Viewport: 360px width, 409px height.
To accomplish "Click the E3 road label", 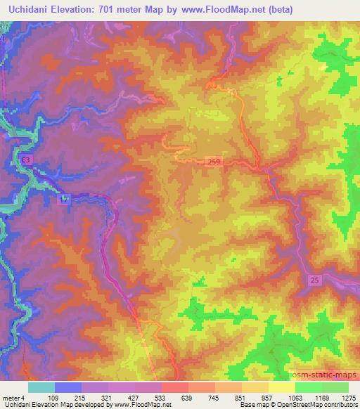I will click(x=26, y=161).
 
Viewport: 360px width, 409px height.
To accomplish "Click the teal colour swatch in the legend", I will click(x=41, y=387).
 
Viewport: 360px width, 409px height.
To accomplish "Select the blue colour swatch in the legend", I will click(x=68, y=387).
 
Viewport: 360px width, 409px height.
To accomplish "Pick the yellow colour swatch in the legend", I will click(x=282, y=387).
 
